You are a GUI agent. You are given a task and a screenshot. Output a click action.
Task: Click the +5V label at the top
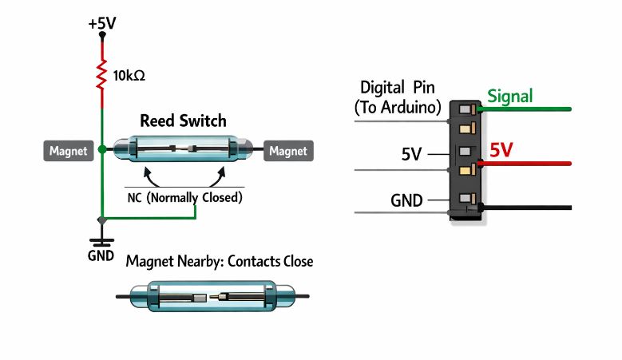click(x=101, y=23)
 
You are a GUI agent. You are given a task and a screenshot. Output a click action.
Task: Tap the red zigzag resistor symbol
click(x=102, y=76)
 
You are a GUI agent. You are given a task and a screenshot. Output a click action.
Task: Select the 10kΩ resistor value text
click(x=129, y=77)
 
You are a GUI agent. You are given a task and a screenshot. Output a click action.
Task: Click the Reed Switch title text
click(x=183, y=121)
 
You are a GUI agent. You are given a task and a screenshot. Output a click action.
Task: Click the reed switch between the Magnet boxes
click(x=184, y=150)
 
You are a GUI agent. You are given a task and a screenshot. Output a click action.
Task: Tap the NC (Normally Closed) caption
click(x=184, y=196)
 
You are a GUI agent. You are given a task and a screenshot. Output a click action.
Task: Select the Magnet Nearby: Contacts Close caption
click(x=220, y=261)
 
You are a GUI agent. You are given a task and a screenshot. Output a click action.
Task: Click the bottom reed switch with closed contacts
click(x=211, y=297)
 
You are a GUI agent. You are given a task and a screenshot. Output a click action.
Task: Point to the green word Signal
click(x=509, y=97)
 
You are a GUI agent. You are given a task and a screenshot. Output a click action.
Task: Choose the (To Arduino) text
click(x=398, y=106)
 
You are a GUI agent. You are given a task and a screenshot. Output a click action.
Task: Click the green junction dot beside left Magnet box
click(x=102, y=149)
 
